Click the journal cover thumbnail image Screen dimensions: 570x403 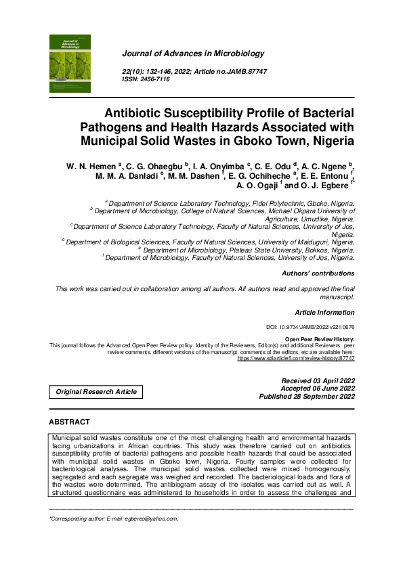[70, 64]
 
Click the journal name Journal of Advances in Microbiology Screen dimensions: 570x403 [193, 53]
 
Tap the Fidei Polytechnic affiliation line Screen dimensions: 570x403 [230, 203]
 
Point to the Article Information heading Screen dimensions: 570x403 [324, 313]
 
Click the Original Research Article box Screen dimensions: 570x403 [96, 392]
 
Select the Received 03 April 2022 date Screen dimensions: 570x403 [318, 381]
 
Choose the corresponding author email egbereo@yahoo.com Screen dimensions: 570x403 [154, 519]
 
